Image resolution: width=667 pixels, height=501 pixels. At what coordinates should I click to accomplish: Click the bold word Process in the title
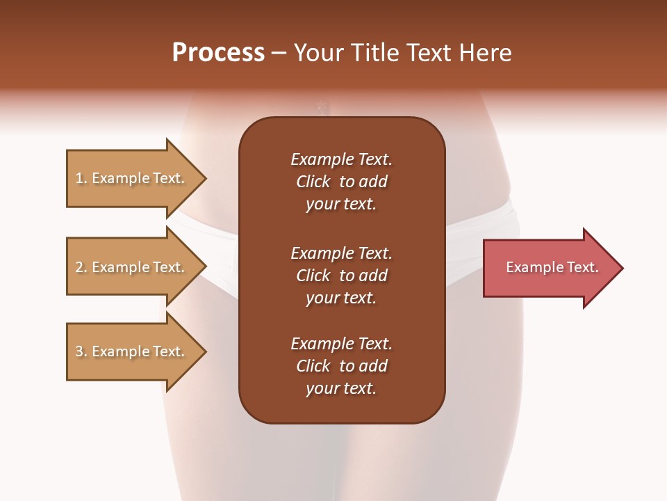tap(218, 53)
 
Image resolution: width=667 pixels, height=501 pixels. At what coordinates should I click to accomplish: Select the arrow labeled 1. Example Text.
tap(132, 178)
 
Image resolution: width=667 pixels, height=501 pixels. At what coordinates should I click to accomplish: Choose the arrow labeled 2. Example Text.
tap(132, 267)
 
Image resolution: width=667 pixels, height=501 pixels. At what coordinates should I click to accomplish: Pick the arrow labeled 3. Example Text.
tap(132, 351)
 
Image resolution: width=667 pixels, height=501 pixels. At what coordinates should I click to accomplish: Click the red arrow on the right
tap(549, 268)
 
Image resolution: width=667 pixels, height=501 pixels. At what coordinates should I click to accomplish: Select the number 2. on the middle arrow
tap(81, 267)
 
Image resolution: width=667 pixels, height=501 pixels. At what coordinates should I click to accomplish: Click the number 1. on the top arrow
tap(81, 178)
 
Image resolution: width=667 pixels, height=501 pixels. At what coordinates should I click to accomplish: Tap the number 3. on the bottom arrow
tap(81, 351)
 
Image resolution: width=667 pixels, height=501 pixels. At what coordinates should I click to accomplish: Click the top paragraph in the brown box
tap(341, 182)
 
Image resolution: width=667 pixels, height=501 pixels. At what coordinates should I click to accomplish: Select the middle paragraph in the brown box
tap(341, 276)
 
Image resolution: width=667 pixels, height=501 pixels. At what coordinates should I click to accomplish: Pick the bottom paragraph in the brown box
tap(341, 366)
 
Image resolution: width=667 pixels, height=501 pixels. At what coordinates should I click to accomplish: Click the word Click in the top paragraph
tap(313, 182)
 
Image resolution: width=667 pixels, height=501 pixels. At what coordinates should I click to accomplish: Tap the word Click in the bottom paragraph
tap(313, 366)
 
